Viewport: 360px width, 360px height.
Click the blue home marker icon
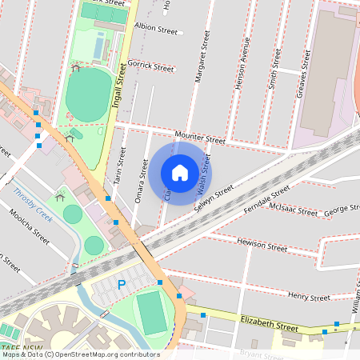click(180, 173)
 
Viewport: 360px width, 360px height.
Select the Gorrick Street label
click(151, 67)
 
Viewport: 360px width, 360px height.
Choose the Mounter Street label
click(200, 138)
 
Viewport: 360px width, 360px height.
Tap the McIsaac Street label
click(294, 211)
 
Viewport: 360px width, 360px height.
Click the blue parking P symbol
click(122, 284)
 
